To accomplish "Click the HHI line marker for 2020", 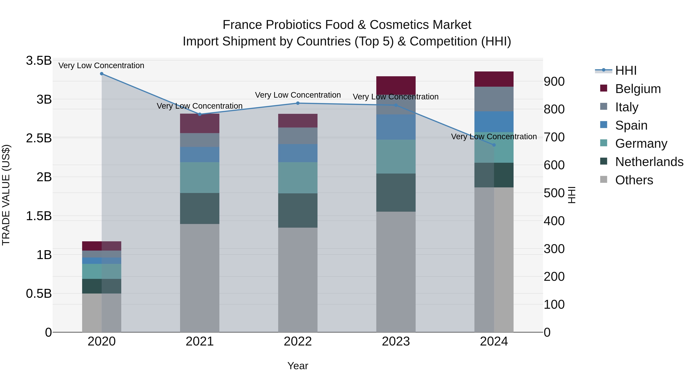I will pos(102,74).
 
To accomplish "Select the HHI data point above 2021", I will pos(200,114).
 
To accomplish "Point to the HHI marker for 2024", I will pos(494,145).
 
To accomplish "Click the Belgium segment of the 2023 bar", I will pos(396,85).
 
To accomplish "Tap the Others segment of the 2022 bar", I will pos(298,280).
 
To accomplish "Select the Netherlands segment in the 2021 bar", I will pos(200,209).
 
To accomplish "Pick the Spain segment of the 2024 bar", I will pos(494,122).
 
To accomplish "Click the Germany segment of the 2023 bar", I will pos(396,157).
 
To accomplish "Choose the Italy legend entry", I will pos(627,107).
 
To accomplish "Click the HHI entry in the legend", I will pos(626,70).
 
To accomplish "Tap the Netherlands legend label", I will pos(649,162).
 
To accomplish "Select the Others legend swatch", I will pos(604,179).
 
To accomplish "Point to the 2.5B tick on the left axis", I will pos(39,138).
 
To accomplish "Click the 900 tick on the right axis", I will pos(554,81).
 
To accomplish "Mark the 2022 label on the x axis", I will pos(298,341).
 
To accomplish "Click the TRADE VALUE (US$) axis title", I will pos(6,195).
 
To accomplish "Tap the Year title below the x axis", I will pos(298,366).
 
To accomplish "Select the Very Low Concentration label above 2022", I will pos(298,95).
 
